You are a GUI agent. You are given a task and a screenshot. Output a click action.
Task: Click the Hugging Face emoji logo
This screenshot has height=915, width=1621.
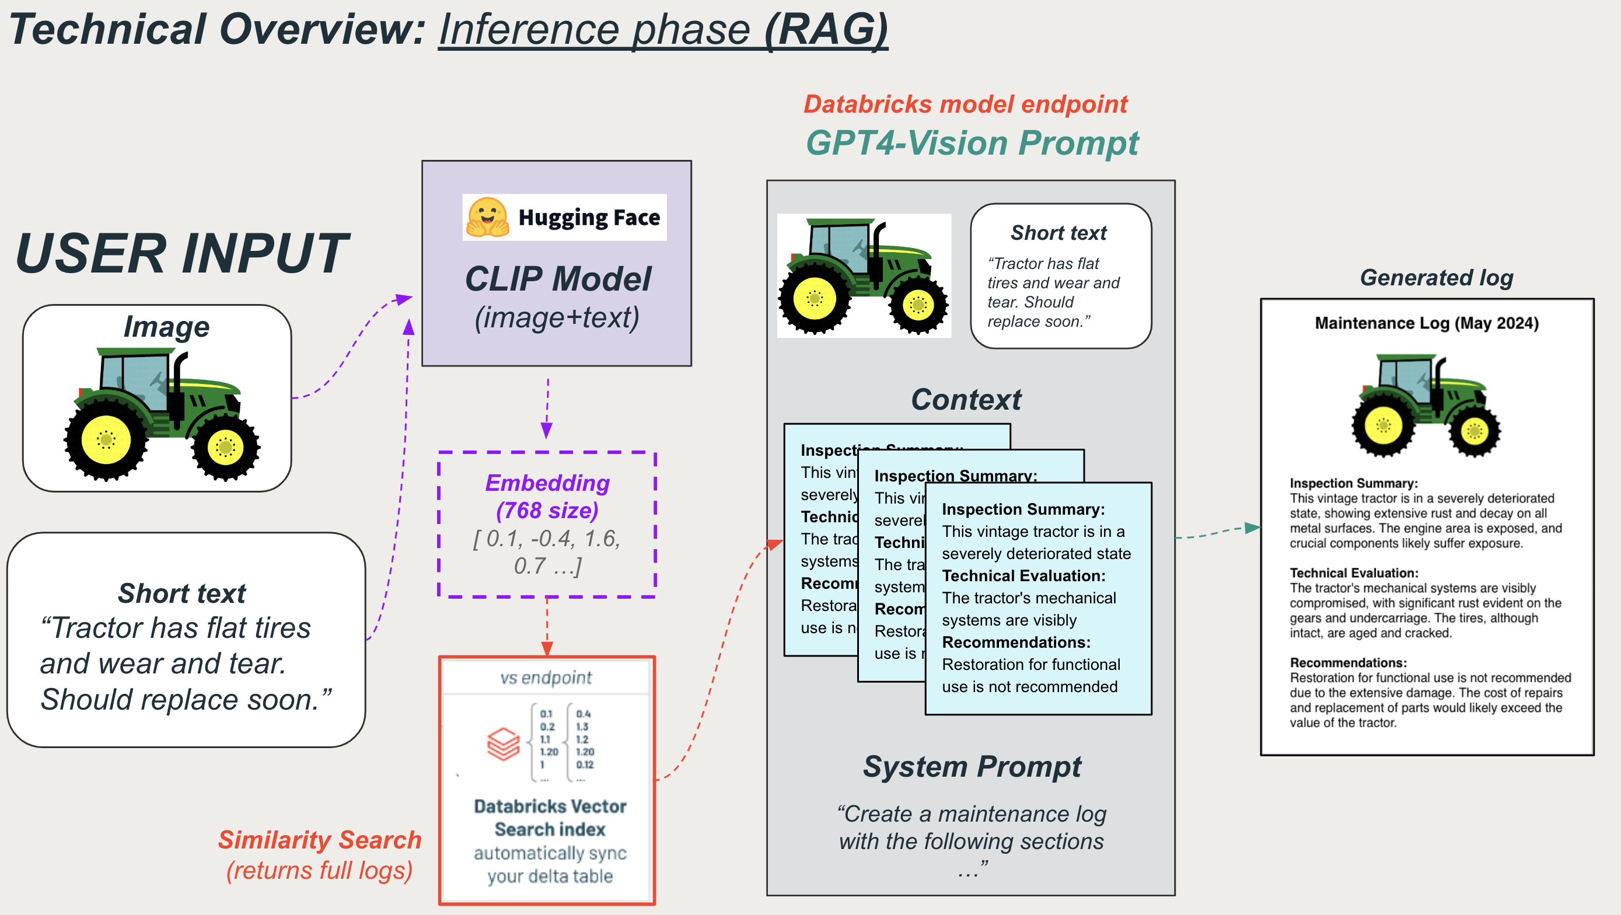click(488, 218)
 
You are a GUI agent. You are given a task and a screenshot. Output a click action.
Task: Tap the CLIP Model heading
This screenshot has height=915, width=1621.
click(557, 279)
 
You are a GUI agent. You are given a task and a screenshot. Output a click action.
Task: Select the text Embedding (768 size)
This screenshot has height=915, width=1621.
click(547, 497)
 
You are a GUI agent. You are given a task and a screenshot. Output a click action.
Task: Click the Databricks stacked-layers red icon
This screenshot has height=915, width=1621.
click(504, 744)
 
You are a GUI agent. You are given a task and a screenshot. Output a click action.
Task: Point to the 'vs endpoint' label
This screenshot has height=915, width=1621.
click(546, 677)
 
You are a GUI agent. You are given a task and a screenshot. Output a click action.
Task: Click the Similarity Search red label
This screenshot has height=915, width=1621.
click(320, 840)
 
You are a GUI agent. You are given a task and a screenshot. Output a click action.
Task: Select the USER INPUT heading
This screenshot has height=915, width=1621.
click(182, 254)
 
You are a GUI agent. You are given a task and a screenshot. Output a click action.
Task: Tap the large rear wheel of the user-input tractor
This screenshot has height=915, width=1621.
click(106, 439)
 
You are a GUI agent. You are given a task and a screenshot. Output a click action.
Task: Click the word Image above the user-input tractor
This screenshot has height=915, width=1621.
click(166, 327)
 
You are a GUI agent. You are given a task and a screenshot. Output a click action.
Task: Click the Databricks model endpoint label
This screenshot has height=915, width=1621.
click(965, 104)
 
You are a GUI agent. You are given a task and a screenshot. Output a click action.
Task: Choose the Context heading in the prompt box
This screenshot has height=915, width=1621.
click(966, 400)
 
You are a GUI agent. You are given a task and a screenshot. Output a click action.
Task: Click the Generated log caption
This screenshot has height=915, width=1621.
click(1437, 278)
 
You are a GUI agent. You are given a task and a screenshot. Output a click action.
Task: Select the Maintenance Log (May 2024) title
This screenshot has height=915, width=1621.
click(1427, 323)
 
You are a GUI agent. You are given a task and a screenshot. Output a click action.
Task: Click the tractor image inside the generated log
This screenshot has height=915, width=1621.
click(1426, 406)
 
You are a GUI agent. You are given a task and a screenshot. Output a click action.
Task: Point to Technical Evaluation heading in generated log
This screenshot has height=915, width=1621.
click(1354, 572)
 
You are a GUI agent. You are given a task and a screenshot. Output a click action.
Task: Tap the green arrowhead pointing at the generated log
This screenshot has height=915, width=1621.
click(1252, 528)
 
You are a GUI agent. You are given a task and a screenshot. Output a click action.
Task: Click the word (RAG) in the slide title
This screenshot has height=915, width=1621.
click(826, 30)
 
